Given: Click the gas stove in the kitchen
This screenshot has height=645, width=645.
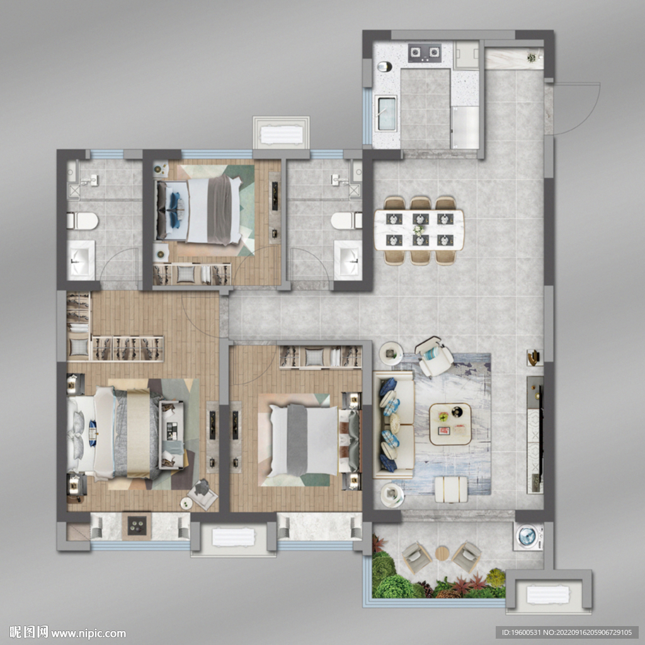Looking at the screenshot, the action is point(425,53).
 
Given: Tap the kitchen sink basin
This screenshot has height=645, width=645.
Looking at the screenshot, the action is point(386,114).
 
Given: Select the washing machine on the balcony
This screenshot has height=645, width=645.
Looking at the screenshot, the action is point(528,536).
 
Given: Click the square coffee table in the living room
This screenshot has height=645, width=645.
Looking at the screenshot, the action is point(450,424).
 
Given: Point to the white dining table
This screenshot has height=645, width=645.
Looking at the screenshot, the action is point(419,230).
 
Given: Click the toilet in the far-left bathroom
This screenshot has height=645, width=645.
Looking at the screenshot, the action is point(83,221).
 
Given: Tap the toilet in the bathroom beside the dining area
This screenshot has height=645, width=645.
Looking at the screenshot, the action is point(346,221).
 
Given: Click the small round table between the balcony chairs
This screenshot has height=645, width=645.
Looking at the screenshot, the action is point(442,553).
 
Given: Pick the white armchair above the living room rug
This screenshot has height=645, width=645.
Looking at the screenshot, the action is point(434,357).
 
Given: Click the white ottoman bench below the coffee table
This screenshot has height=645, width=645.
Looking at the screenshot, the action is point(451,489).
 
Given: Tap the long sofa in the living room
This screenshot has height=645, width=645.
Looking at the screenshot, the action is point(393,425).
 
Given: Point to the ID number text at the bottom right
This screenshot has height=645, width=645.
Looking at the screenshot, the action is point(568,632).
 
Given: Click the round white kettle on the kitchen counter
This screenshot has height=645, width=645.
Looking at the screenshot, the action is point(385,66).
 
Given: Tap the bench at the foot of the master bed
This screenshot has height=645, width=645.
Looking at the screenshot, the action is point(171,435).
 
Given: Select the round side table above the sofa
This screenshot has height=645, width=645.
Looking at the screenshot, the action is point(391,353).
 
